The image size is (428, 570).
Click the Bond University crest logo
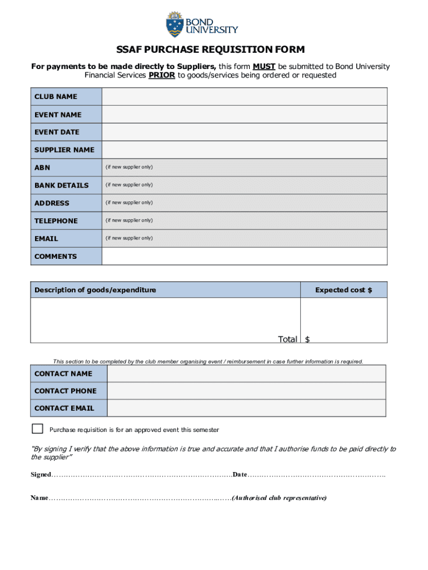point(175,24)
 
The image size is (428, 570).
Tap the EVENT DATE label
point(57,132)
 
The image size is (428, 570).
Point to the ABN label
point(42,168)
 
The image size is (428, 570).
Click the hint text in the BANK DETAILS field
point(129,185)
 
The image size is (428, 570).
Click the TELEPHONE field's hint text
point(129,220)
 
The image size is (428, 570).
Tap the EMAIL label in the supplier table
point(46,238)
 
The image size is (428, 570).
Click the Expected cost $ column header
point(344,290)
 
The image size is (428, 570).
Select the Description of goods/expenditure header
point(95,290)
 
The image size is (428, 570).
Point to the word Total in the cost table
point(287,339)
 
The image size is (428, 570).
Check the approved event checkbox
point(37,429)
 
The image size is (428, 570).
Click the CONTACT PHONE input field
point(246,391)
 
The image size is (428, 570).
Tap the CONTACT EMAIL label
point(64,408)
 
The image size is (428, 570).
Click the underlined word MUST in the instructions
point(264,67)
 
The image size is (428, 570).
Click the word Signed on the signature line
point(40,474)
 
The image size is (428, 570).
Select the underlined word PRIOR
point(162,75)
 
